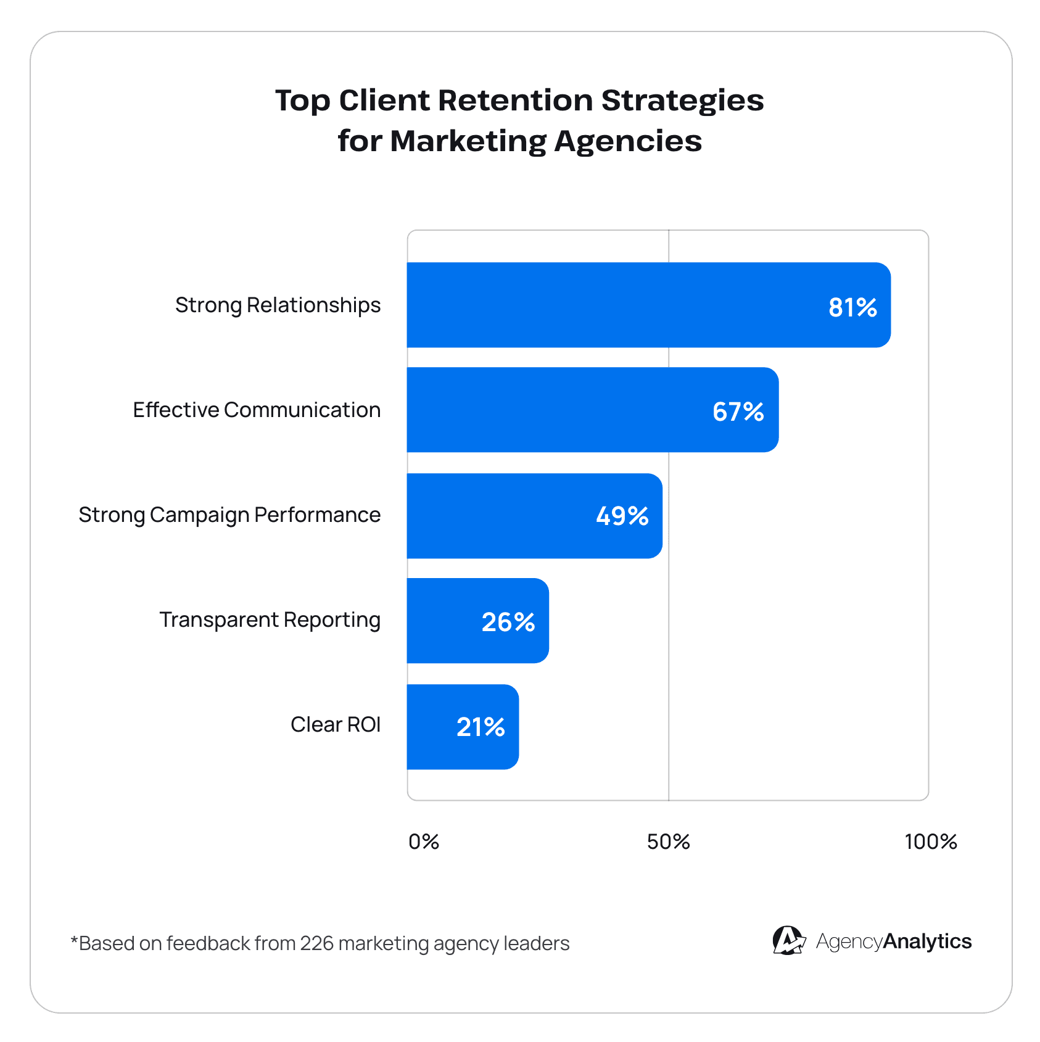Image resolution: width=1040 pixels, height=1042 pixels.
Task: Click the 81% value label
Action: (852, 307)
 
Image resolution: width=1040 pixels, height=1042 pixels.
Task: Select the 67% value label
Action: (738, 411)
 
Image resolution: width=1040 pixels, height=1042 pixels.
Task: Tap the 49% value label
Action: (622, 516)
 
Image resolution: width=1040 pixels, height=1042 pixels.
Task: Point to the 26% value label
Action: (508, 622)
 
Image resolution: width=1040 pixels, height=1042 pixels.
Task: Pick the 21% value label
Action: (481, 727)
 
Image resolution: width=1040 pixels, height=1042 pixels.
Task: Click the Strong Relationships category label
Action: (278, 305)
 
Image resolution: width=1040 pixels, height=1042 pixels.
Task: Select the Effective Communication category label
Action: (257, 410)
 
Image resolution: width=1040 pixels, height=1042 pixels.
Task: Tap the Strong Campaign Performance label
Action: (229, 515)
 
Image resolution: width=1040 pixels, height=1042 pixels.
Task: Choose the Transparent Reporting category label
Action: (270, 620)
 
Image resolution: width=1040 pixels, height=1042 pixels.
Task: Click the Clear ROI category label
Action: (336, 725)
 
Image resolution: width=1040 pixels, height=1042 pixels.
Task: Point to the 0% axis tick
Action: (424, 841)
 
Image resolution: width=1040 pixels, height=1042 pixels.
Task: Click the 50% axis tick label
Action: (668, 841)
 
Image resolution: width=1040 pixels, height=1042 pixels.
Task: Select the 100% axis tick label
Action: (930, 841)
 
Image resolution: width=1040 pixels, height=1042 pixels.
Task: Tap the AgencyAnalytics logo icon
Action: (788, 941)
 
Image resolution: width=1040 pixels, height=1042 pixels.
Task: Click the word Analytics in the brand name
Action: (927, 941)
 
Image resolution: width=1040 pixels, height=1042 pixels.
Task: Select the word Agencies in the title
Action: (627, 141)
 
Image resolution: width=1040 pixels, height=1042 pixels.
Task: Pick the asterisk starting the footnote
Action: (74, 940)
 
